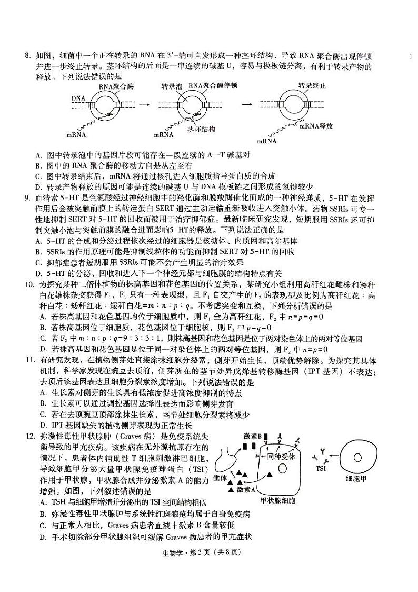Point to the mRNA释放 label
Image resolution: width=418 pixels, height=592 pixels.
click(316, 126)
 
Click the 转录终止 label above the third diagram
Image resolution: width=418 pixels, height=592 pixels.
click(312, 85)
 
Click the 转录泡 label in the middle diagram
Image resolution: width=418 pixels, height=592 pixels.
click(171, 85)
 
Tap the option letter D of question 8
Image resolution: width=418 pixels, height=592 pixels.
click(38, 186)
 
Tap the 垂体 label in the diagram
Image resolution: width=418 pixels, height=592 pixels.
click(221, 478)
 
